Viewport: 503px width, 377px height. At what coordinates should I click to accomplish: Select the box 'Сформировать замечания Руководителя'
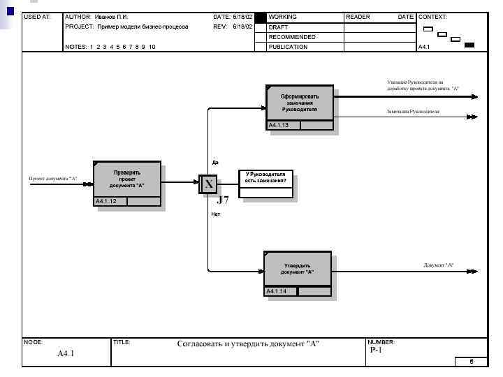pos(299,103)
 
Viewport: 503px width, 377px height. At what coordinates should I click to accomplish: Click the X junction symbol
pos(208,184)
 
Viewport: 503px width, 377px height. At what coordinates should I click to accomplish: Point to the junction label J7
pos(222,200)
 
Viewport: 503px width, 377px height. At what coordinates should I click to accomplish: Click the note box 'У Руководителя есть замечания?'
pos(265,177)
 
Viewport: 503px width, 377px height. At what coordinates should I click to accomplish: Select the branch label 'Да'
pos(215,162)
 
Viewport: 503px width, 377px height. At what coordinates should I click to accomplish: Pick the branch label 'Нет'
pos(215,214)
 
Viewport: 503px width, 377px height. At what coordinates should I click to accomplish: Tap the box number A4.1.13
pos(279,125)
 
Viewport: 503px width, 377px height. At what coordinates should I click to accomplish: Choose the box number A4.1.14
pos(276,291)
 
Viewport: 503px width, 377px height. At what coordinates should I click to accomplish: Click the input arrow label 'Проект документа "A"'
pos(53,179)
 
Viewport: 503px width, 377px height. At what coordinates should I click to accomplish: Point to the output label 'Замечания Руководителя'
pos(413,112)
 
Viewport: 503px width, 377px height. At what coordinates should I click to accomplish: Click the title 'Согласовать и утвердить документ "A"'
pos(248,343)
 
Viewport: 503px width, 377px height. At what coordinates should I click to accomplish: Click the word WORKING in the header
pos(282,16)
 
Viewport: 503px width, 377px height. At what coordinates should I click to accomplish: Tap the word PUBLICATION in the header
pos(288,47)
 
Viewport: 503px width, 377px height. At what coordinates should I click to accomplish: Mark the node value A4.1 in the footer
pos(66,353)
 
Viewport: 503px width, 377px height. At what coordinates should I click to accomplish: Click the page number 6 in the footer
pos(471,362)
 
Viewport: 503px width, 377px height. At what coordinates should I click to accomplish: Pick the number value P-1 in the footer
pos(376,350)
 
